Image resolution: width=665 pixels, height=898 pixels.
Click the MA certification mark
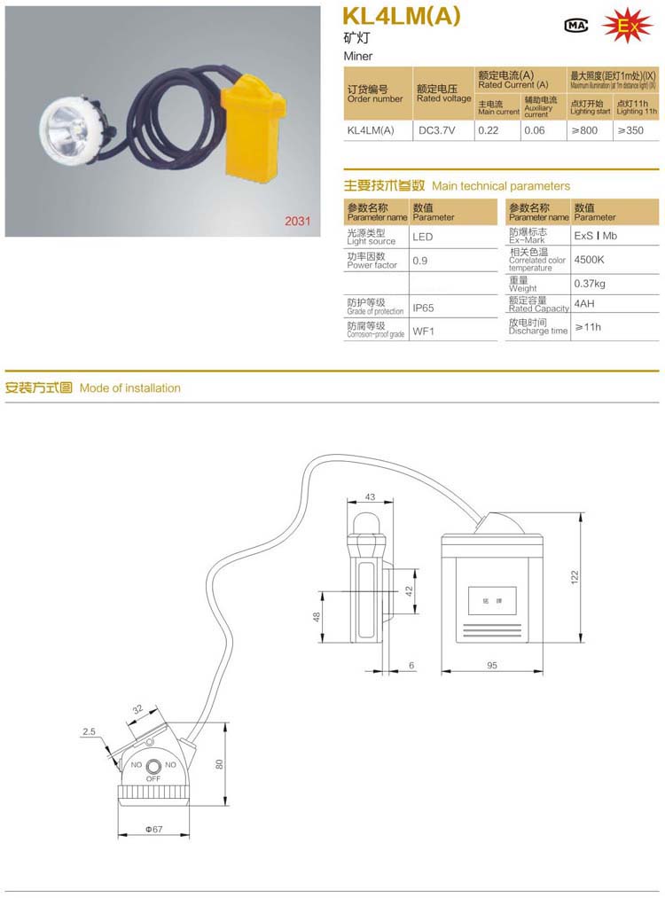click(576, 26)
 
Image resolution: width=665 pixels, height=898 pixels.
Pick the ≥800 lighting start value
click(584, 130)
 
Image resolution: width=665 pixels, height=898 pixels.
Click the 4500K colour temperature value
click(590, 261)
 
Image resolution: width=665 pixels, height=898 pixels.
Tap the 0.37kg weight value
click(590, 284)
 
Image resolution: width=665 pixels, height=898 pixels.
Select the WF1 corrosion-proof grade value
click(421, 331)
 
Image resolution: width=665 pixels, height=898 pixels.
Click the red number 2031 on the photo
click(297, 222)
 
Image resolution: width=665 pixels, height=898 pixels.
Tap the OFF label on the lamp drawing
click(153, 777)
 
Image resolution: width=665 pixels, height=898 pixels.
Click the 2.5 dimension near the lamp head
click(88, 731)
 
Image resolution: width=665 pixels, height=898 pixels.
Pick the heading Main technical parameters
click(501, 186)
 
